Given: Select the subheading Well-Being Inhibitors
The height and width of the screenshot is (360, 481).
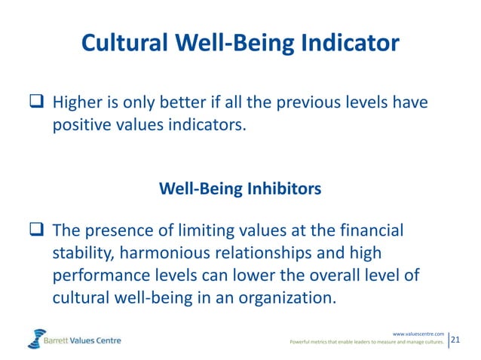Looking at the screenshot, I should click(x=240, y=188).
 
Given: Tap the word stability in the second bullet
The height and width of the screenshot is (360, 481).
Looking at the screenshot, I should click(x=81, y=252).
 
